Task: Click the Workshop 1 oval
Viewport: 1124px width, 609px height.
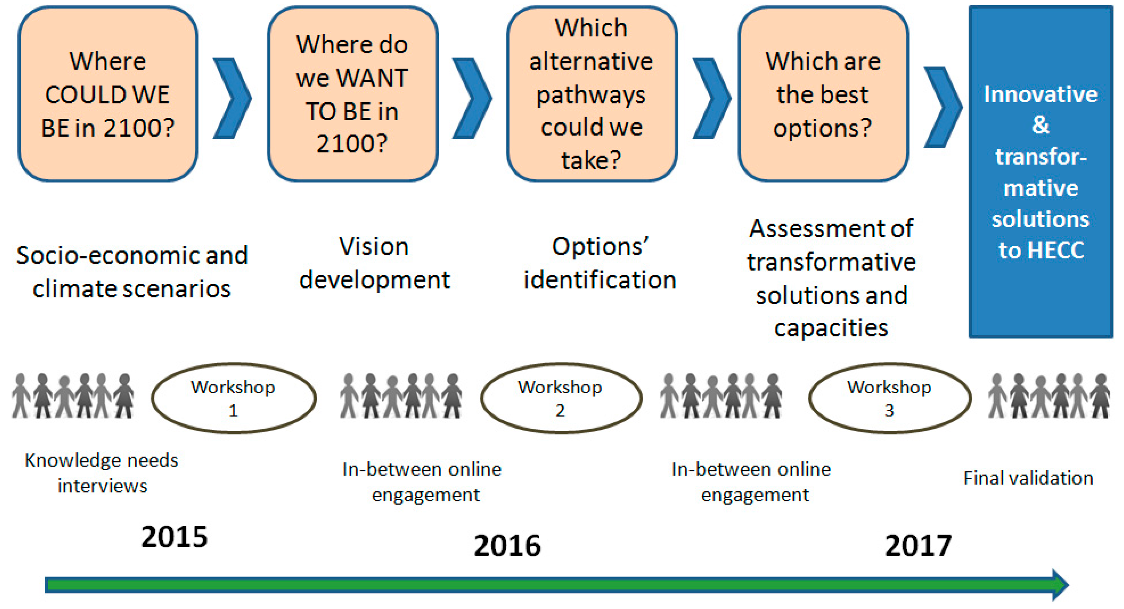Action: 233,398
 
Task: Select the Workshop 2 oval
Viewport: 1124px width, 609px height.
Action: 561,398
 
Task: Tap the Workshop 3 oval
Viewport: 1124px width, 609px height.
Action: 890,398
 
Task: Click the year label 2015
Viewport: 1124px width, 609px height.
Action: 175,537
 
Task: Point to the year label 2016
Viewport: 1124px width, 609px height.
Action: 507,545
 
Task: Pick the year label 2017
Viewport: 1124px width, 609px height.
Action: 918,545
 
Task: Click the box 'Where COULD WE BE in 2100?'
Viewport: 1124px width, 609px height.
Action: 108,94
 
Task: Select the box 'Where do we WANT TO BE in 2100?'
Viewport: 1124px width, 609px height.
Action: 353,94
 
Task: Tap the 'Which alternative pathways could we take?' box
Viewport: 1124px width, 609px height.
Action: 592,94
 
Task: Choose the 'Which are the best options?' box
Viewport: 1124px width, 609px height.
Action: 823,94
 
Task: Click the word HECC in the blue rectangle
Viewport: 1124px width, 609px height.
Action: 1056,250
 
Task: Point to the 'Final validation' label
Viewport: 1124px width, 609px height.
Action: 1028,478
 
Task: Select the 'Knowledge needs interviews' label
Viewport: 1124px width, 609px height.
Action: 102,473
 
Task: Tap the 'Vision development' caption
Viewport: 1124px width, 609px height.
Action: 374,263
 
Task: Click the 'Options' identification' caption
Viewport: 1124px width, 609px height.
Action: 600,263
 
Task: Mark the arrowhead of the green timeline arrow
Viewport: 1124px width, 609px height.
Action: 1060,585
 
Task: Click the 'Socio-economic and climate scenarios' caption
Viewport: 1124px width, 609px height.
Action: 132,272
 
